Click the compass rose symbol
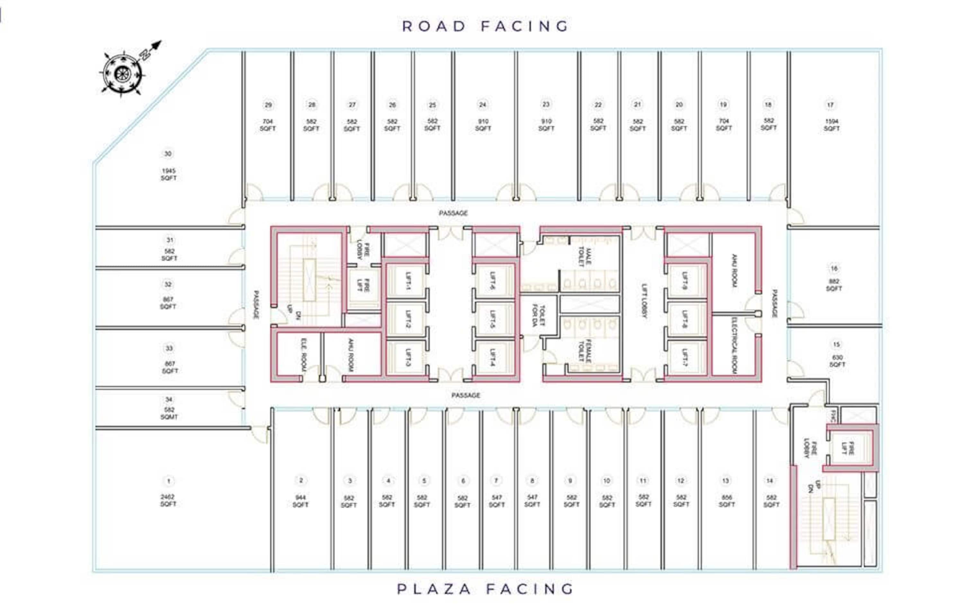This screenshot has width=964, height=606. click(x=122, y=73)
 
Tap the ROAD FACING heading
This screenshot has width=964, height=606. click(x=485, y=26)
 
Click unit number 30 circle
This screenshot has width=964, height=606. click(x=168, y=154)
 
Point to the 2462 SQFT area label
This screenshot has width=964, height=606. click(x=168, y=500)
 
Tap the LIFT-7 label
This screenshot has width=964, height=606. click(x=685, y=357)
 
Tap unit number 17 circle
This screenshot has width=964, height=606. click(x=830, y=105)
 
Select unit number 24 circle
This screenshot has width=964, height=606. click(x=482, y=105)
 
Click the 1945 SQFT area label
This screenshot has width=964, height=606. click(x=169, y=174)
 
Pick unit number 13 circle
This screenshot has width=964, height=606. click(x=725, y=480)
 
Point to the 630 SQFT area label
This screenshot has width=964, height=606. click(x=837, y=361)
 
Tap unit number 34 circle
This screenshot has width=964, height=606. click(x=169, y=399)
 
